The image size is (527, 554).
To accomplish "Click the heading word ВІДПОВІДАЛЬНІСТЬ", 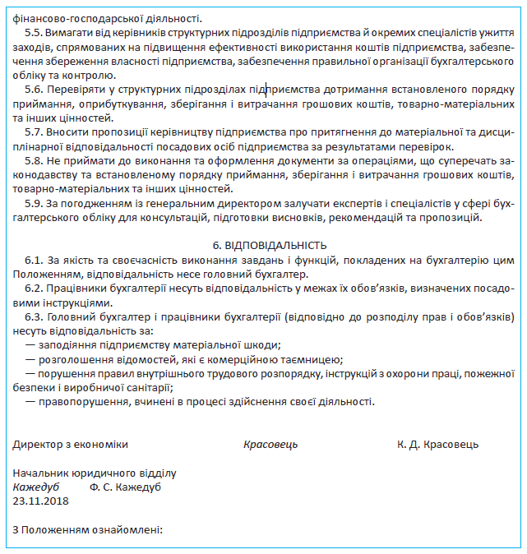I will point(275,245).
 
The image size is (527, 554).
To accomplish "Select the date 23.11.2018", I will point(41,500).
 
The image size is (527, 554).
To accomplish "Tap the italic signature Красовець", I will point(270,445).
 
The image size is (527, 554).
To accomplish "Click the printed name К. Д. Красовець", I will point(437,445).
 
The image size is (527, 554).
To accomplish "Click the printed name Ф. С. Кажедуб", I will point(126,487).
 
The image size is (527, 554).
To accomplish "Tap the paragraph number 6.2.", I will point(34,288).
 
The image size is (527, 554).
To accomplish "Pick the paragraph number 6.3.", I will point(34,316).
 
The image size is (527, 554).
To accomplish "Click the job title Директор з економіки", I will point(71,445).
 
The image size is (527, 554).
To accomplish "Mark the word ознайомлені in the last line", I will point(127,529).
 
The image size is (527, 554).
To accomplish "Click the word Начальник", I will point(39,473).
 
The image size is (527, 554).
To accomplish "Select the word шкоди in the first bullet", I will point(261,345).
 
